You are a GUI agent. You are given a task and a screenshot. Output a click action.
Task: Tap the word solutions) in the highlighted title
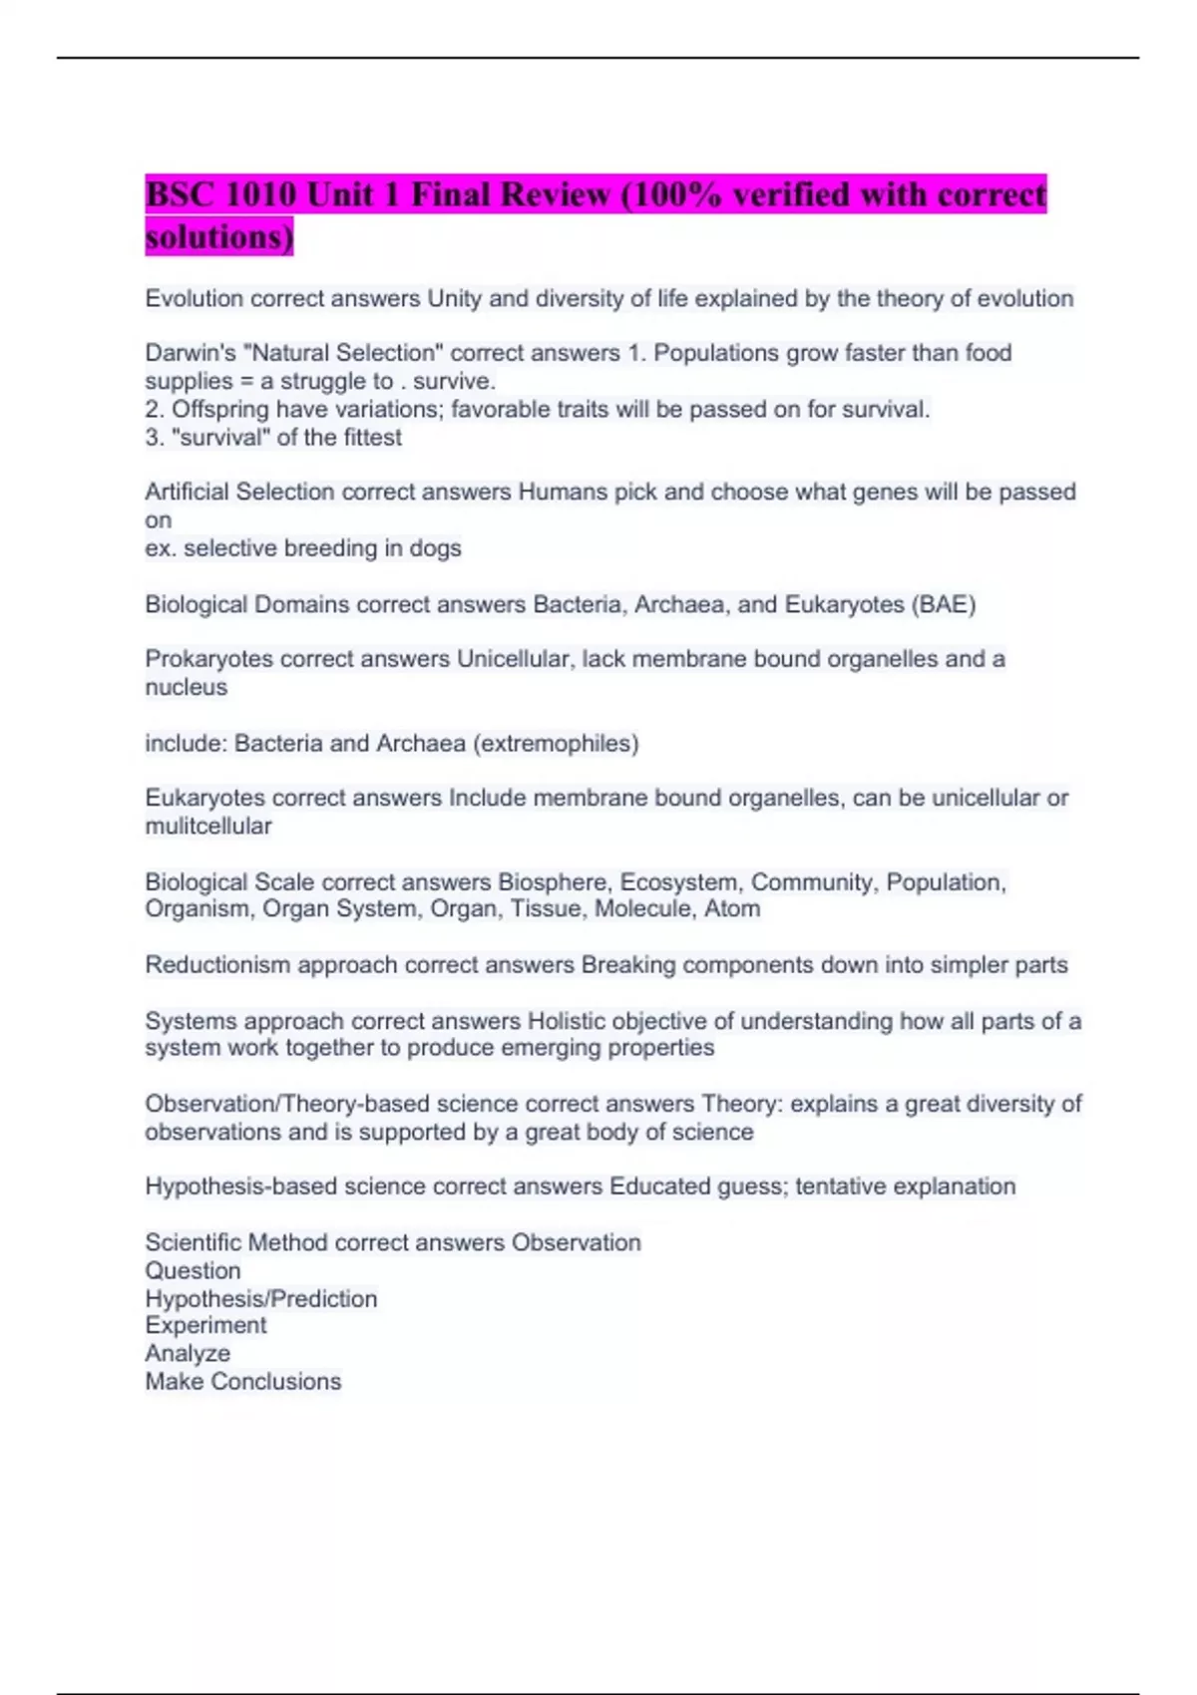point(218,237)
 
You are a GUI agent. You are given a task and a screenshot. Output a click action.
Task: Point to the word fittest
point(372,438)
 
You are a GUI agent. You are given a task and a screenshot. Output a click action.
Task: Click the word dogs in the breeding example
point(435,548)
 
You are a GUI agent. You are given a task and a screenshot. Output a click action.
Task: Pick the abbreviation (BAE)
point(943,605)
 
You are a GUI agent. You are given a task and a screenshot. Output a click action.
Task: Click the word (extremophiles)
point(557,744)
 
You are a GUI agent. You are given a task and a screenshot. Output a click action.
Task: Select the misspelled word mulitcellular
point(207,827)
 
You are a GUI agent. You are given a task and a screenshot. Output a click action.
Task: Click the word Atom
point(734,909)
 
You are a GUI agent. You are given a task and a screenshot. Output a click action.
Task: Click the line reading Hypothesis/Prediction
point(260,1299)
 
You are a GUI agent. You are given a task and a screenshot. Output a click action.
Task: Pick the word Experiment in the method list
point(205,1326)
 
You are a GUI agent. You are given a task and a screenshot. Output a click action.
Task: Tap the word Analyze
point(188,1354)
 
